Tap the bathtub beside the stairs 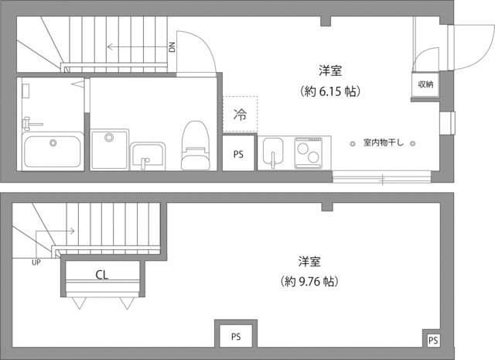click(53, 150)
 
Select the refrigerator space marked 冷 click(240, 116)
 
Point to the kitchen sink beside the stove click(274, 152)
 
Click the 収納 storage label click(426, 84)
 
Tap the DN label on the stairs click(172, 47)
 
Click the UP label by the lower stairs click(36, 262)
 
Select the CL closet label click(101, 274)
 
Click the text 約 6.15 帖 click(331, 91)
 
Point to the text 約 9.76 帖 click(309, 281)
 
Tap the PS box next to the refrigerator click(238, 154)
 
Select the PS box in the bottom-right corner click(433, 340)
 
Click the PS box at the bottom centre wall click(235, 336)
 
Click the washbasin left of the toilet click(147, 155)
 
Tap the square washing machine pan click(109, 147)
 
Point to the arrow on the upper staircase click(131, 47)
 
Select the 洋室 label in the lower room click(309, 260)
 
